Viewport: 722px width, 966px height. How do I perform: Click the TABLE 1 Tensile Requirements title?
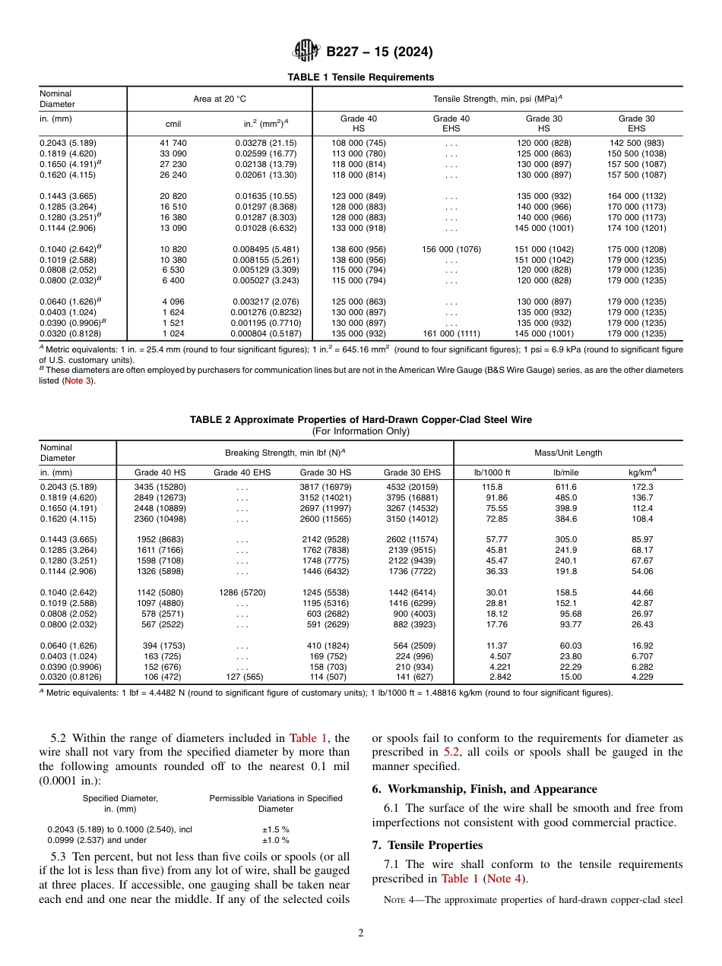360,77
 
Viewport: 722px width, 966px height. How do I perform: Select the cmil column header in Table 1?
173,124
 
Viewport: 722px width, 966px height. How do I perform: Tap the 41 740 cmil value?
173,143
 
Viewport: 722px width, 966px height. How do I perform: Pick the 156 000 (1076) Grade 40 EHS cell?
451,249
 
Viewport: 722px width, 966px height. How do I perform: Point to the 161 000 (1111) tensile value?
451,334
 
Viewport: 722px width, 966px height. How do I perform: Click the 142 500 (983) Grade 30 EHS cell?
636,143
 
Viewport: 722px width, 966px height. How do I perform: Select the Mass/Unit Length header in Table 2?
568,453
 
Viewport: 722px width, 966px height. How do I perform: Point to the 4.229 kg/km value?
642,677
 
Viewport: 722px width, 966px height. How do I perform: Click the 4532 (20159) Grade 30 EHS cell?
411,487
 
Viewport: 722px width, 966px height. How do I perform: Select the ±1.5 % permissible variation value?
276,830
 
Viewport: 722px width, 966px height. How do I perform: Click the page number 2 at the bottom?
361,933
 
